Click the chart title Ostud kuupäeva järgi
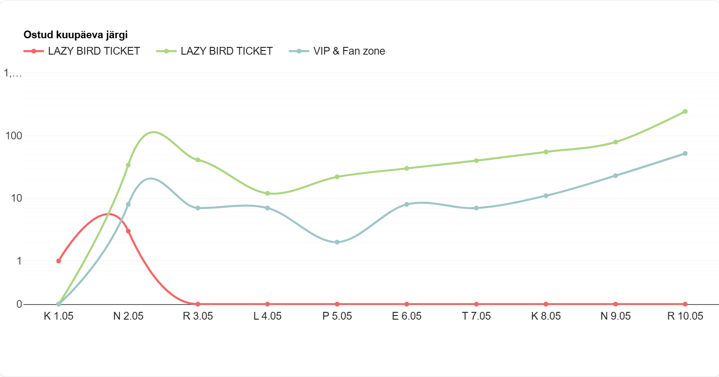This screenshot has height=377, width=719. tap(75, 35)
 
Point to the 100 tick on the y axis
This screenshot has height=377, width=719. tap(14, 136)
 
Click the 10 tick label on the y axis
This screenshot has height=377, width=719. tap(16, 198)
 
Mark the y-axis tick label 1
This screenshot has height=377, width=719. tap(19, 261)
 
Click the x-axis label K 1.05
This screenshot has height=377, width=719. tap(58, 316)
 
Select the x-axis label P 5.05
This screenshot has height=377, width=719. tap(337, 316)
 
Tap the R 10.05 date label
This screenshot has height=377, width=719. tap(685, 316)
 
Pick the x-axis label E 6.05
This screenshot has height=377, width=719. tap(407, 316)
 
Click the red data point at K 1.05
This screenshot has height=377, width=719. tap(58, 261)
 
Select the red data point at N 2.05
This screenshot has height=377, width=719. tap(128, 231)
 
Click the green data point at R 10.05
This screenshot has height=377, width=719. tap(685, 112)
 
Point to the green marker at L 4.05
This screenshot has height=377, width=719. tap(268, 194)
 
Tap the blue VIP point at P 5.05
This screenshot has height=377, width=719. tap(337, 242)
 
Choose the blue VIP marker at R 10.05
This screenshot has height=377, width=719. tap(685, 153)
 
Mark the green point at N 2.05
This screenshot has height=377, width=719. tap(128, 165)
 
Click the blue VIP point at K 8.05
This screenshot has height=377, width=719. tap(546, 196)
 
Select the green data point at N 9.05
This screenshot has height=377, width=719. tap(616, 142)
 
